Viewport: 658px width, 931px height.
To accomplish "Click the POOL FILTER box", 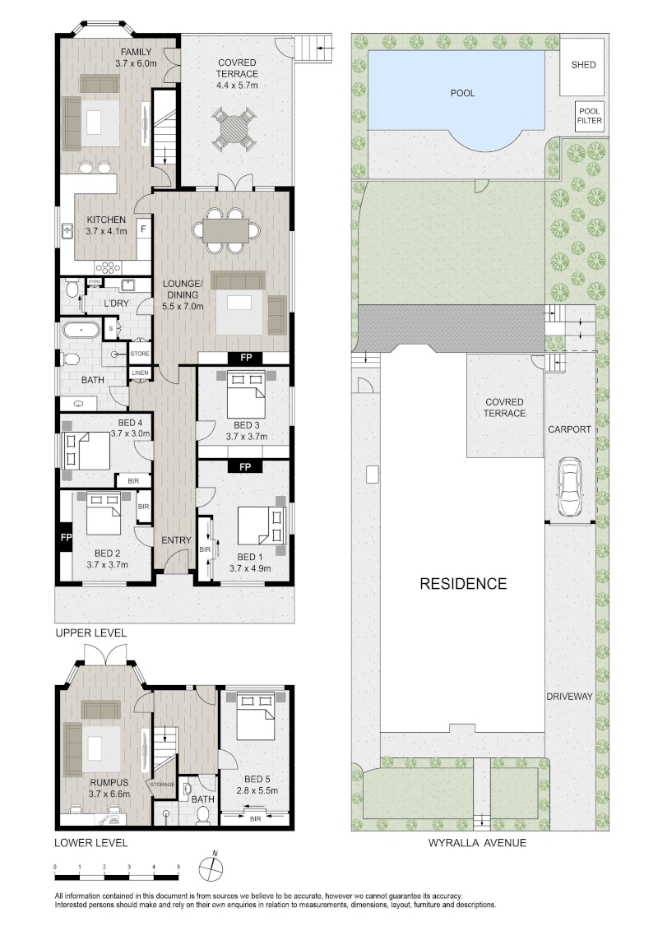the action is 589,116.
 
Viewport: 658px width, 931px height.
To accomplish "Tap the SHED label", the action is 583,65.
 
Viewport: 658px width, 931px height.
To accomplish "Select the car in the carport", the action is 569,488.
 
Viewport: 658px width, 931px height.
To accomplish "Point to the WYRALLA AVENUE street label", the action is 477,842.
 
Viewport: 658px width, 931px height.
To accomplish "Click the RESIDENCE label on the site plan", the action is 463,584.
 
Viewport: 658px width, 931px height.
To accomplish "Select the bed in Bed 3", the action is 246,395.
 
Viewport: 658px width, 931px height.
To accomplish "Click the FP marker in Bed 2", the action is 65,537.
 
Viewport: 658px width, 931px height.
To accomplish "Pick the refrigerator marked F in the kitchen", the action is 143,229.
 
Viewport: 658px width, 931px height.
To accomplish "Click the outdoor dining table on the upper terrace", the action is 236,128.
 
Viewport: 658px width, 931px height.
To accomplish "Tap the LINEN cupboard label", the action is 140,373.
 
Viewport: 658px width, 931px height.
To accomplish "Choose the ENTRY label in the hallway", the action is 176,540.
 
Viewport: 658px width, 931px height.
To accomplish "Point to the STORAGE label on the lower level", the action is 162,785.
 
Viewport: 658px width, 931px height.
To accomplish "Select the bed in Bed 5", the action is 257,713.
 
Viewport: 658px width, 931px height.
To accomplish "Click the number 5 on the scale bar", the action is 178,867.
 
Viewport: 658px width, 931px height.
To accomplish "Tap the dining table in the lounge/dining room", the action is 226,231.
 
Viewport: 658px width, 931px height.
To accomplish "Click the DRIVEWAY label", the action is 569,697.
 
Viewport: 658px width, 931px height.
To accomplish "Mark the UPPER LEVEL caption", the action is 90,633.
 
